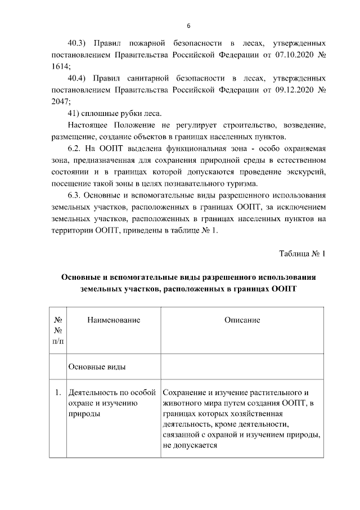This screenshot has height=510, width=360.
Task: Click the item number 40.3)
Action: pos(78,43)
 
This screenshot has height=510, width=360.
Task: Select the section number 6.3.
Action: pos(75,195)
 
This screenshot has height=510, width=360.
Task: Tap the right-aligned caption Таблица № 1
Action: pos(303,253)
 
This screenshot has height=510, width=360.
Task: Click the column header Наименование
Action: pos(114,320)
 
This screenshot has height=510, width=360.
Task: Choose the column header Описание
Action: pos(242,320)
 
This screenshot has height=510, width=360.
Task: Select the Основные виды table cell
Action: pos(96,367)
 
